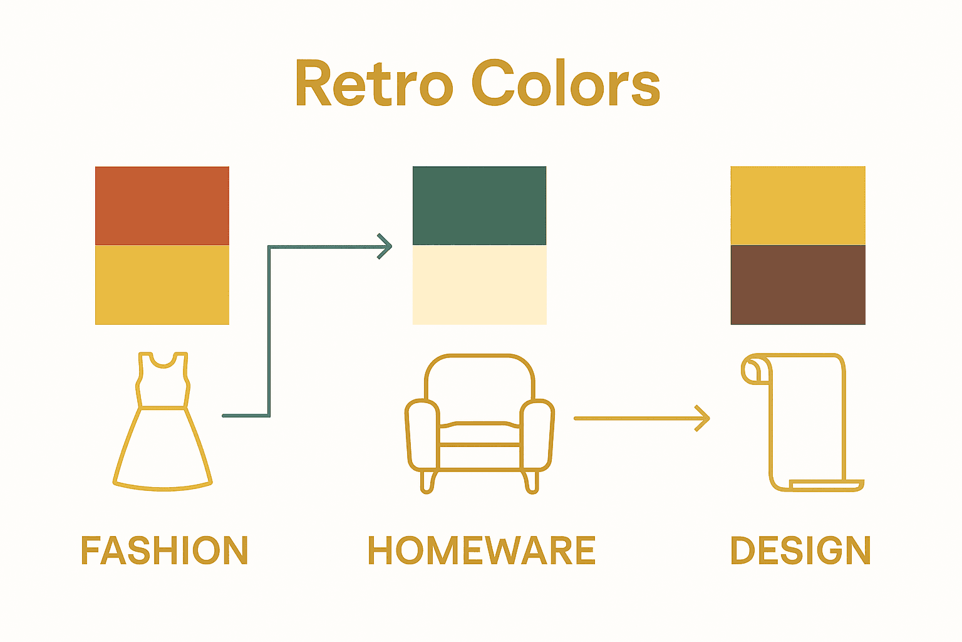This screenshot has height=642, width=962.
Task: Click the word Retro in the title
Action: coord(373,83)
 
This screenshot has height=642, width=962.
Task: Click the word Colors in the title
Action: coord(566,83)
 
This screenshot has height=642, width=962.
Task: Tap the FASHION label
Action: coord(165,550)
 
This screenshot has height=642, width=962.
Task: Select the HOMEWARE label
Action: coord(481,550)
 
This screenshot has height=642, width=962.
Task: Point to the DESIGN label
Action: coord(800,550)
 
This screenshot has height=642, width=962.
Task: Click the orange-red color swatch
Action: coord(162,206)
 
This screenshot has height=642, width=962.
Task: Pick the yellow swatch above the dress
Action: coord(162,285)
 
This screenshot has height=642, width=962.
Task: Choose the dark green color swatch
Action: coord(480,206)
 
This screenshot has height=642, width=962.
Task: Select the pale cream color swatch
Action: coord(480,285)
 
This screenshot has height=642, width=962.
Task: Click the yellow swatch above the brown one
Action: coord(798,206)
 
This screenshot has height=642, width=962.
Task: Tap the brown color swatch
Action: coord(798,285)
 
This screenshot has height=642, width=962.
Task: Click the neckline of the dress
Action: coord(163,360)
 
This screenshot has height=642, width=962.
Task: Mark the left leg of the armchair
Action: coord(428,481)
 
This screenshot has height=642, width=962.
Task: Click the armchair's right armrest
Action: coord(537,433)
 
